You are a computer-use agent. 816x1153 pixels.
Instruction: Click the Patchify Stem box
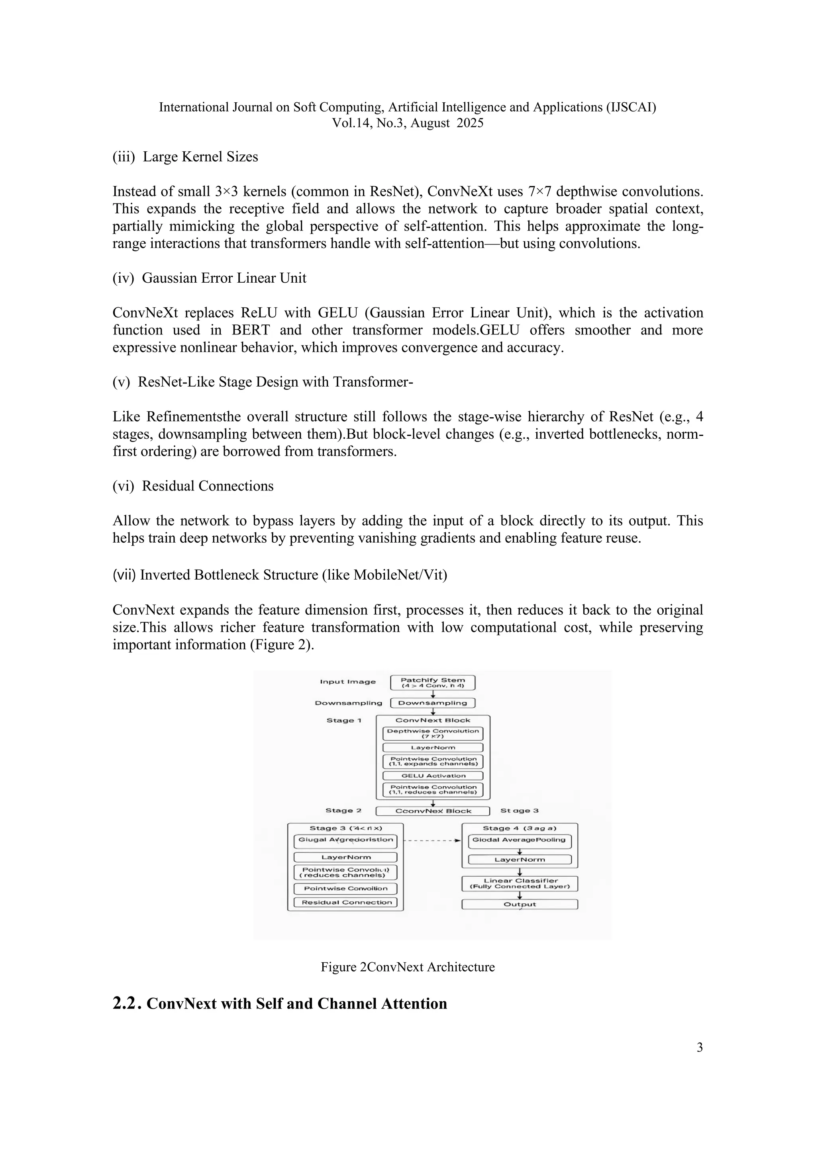point(433,682)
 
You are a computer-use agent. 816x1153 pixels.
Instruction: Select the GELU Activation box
point(433,775)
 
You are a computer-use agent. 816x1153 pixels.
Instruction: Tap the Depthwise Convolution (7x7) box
point(433,733)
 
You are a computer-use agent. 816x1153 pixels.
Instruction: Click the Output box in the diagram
point(520,905)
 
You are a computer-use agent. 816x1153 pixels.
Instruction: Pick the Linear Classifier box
point(520,883)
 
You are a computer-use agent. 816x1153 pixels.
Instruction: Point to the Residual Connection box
point(346,903)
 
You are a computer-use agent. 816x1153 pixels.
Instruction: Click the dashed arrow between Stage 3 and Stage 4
point(432,840)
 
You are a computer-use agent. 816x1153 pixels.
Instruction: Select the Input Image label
point(348,682)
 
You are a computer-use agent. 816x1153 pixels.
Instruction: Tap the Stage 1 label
point(344,720)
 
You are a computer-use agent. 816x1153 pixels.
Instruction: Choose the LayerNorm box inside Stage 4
point(520,859)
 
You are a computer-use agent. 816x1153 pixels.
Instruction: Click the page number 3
point(699,1047)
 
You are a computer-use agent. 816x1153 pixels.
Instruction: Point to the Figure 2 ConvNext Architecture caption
point(408,967)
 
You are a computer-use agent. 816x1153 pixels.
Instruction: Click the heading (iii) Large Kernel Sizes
point(185,157)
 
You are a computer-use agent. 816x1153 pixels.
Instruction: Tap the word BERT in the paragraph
point(250,330)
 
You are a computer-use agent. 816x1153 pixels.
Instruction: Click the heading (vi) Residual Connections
point(193,486)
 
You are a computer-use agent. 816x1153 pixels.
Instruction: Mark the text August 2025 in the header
point(447,123)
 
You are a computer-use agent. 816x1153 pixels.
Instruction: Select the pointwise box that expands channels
point(433,761)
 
